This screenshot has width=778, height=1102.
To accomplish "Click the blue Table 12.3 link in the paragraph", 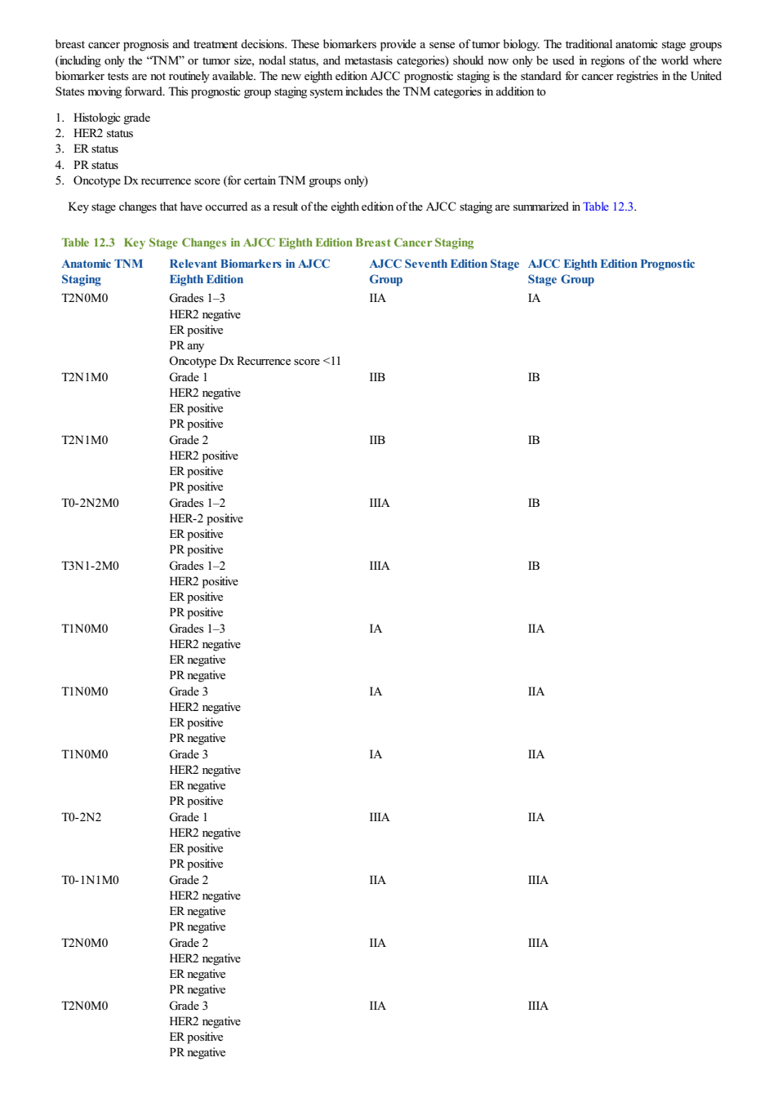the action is [607, 207].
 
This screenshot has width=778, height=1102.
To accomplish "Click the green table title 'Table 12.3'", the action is [88, 242].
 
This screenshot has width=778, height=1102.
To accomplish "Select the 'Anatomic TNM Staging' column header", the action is [102, 272].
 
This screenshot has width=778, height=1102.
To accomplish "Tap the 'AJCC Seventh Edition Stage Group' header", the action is [444, 272].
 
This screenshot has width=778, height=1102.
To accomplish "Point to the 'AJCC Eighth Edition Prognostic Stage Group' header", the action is [611, 272].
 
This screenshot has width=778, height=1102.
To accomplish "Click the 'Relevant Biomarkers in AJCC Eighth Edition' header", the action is [250, 272].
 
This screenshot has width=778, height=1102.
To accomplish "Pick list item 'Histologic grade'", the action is [112, 118].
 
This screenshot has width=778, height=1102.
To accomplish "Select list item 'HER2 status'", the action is [104, 133].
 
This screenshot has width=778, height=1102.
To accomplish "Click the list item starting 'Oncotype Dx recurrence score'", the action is [220, 180].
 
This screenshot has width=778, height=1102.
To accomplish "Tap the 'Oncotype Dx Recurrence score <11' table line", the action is [255, 361].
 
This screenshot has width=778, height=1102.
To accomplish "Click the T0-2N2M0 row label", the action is [90, 503].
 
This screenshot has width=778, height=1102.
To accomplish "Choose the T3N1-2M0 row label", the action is [90, 566].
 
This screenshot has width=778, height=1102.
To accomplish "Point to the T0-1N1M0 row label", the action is [90, 880].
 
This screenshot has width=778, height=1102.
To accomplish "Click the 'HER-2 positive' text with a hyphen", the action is [207, 518].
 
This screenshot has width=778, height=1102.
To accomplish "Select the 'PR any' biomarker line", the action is [186, 346].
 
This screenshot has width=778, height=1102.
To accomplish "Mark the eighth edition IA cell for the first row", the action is [534, 298].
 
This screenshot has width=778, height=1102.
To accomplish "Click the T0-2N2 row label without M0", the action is [81, 817].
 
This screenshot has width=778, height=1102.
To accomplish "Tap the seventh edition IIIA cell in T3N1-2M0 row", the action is [380, 566].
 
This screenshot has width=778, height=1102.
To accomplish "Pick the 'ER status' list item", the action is [96, 149].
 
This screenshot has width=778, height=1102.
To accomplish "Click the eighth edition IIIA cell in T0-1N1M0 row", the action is [538, 880].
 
